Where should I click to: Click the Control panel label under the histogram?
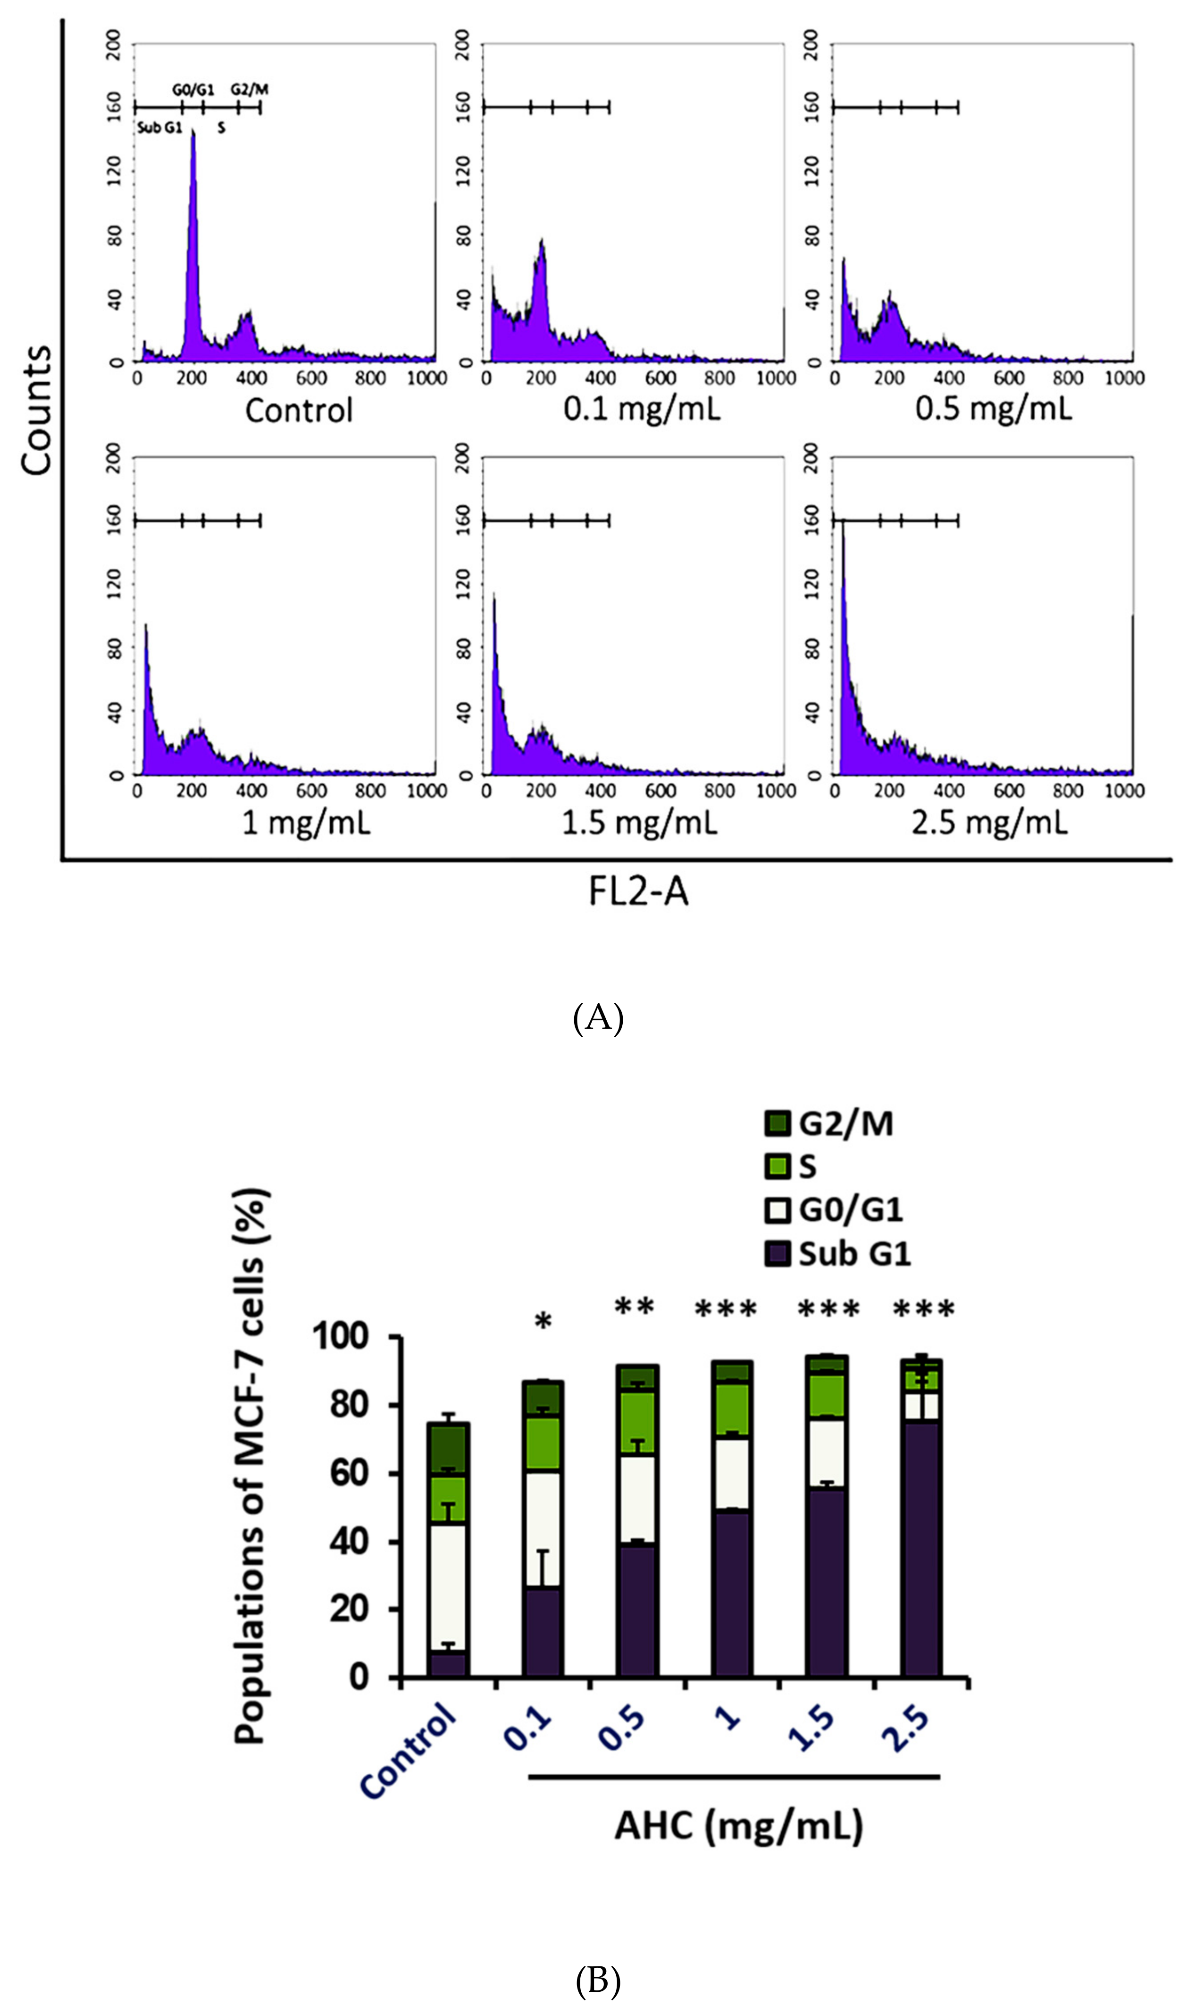click(x=299, y=410)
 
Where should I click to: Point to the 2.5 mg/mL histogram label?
click(x=990, y=823)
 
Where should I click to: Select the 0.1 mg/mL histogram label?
click(x=642, y=410)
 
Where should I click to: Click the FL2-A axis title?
click(x=638, y=893)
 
